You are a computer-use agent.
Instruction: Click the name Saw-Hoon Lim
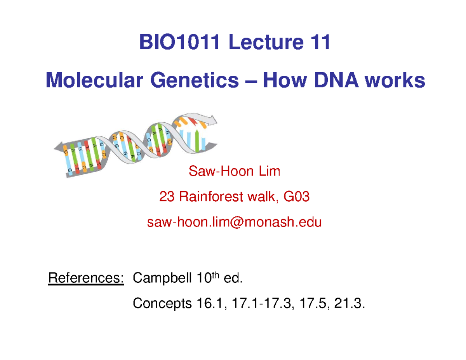tap(234, 170)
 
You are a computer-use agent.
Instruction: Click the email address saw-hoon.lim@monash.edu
tap(234, 223)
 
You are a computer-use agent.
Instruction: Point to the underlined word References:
tap(86, 278)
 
